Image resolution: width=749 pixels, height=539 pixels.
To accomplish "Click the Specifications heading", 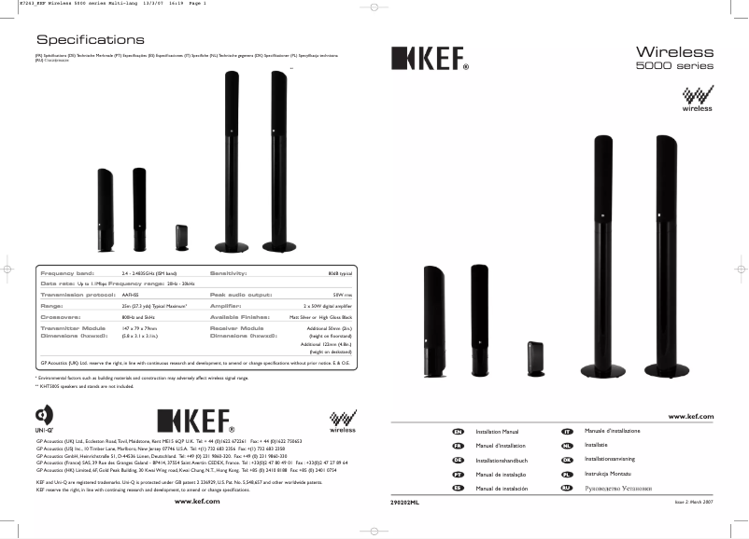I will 90,40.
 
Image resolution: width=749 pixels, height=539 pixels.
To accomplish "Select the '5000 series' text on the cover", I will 674,66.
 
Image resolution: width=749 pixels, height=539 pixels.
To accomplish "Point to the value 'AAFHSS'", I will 131,293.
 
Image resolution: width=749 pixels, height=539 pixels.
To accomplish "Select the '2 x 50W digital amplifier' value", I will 329,304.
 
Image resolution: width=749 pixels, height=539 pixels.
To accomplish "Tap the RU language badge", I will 566,488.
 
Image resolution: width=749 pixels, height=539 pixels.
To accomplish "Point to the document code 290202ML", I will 404,502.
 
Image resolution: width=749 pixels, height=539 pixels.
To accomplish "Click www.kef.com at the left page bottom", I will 197,502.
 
